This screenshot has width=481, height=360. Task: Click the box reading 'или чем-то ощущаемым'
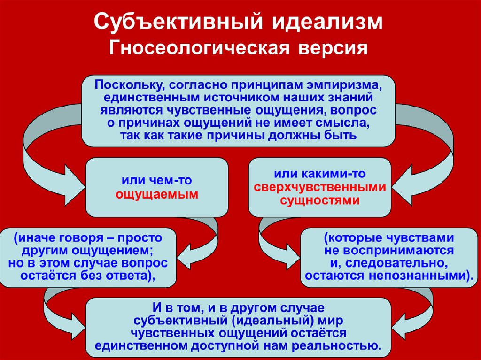[156, 187]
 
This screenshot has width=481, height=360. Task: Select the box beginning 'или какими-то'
[320, 187]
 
